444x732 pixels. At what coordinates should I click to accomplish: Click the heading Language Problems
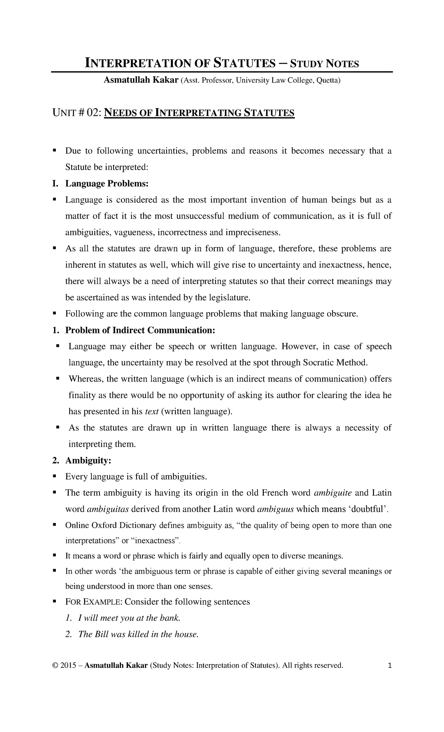(107, 184)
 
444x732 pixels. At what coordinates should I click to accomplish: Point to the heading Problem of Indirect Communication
(140, 330)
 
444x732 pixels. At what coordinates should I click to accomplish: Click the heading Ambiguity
(88, 460)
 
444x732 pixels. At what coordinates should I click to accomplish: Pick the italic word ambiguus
(275, 509)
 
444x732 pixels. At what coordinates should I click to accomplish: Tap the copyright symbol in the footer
(55, 666)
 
